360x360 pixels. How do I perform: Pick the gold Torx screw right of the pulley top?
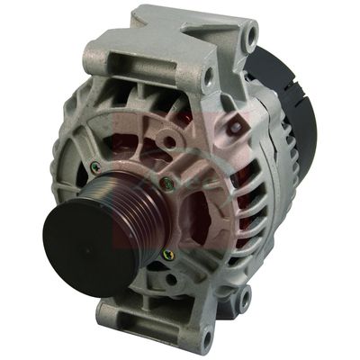164,184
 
